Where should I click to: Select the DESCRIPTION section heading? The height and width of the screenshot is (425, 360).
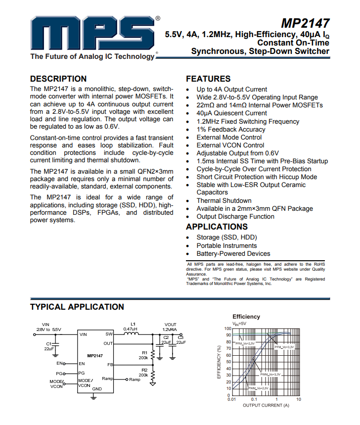pyautogui.click(x=58, y=79)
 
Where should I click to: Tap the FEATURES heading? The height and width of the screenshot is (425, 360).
pyautogui.click(x=208, y=79)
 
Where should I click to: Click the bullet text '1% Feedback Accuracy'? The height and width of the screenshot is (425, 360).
pyautogui.click(x=231, y=130)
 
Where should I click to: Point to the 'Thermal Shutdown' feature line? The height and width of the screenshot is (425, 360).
pyautogui.click(x=224, y=201)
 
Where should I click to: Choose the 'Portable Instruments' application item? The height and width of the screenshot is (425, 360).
pyautogui.click(x=226, y=246)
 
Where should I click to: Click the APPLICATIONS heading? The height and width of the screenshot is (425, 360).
pyautogui.click(x=217, y=227)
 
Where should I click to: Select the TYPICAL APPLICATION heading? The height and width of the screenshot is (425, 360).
pyautogui.click(x=77, y=307)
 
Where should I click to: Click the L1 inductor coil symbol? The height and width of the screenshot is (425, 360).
pyautogui.click(x=131, y=334)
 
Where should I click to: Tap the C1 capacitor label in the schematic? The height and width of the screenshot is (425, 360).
pyautogui.click(x=49, y=343)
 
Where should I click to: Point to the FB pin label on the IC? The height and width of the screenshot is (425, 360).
pyautogui.click(x=110, y=365)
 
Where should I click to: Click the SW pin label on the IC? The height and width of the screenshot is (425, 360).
pyautogui.click(x=109, y=334)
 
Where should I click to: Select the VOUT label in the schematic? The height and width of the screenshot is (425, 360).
pyautogui.click(x=170, y=325)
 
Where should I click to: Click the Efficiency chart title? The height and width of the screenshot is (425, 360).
pyautogui.click(x=246, y=317)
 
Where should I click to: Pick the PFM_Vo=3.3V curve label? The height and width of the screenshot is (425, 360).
pyautogui.click(x=284, y=347)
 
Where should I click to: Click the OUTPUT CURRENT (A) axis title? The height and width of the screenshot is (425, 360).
pyautogui.click(x=266, y=405)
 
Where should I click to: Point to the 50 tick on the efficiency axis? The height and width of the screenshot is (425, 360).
pyautogui.click(x=228, y=362)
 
